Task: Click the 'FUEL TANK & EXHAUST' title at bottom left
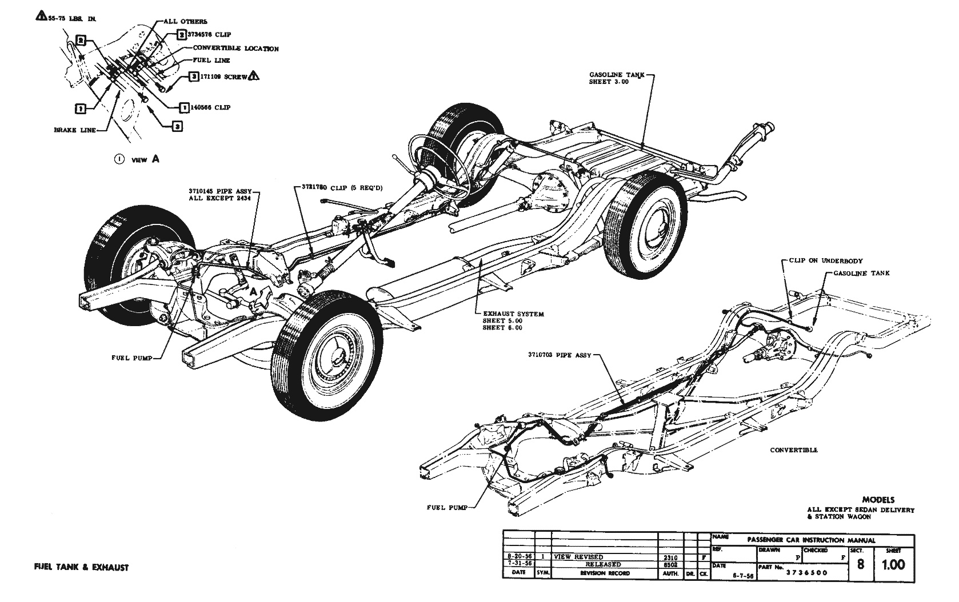(x=81, y=568)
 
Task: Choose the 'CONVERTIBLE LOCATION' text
(x=235, y=49)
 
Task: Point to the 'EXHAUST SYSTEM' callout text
(x=513, y=314)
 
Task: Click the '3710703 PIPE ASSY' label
(x=560, y=355)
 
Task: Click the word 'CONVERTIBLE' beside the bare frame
(x=794, y=450)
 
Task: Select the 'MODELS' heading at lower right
(x=878, y=500)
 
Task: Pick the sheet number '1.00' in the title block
(x=893, y=565)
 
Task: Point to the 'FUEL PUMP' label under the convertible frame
(x=447, y=507)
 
